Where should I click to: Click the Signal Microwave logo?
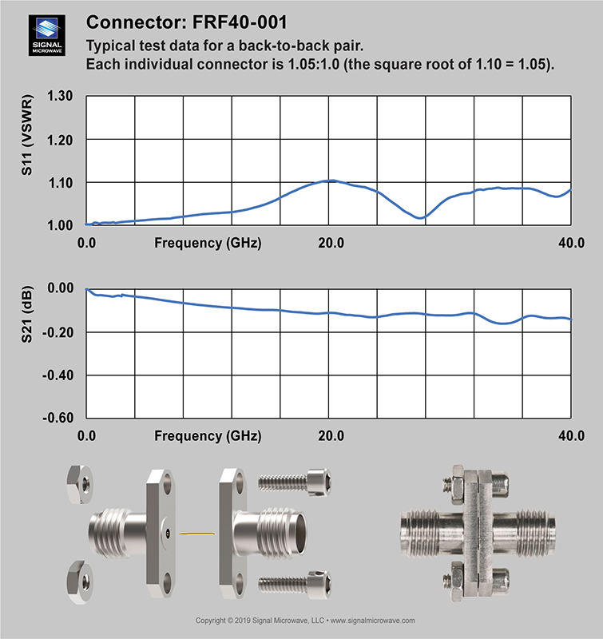[47, 35]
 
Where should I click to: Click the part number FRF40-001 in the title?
[240, 22]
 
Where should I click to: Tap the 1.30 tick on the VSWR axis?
[60, 96]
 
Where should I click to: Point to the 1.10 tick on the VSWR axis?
[61, 183]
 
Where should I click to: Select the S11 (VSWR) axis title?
[27, 135]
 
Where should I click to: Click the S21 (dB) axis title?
[27, 315]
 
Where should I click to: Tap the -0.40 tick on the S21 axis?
[58, 375]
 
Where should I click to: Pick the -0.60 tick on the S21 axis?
[58, 418]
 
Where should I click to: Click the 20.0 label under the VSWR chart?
[331, 243]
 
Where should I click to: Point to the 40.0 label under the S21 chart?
[571, 435]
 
